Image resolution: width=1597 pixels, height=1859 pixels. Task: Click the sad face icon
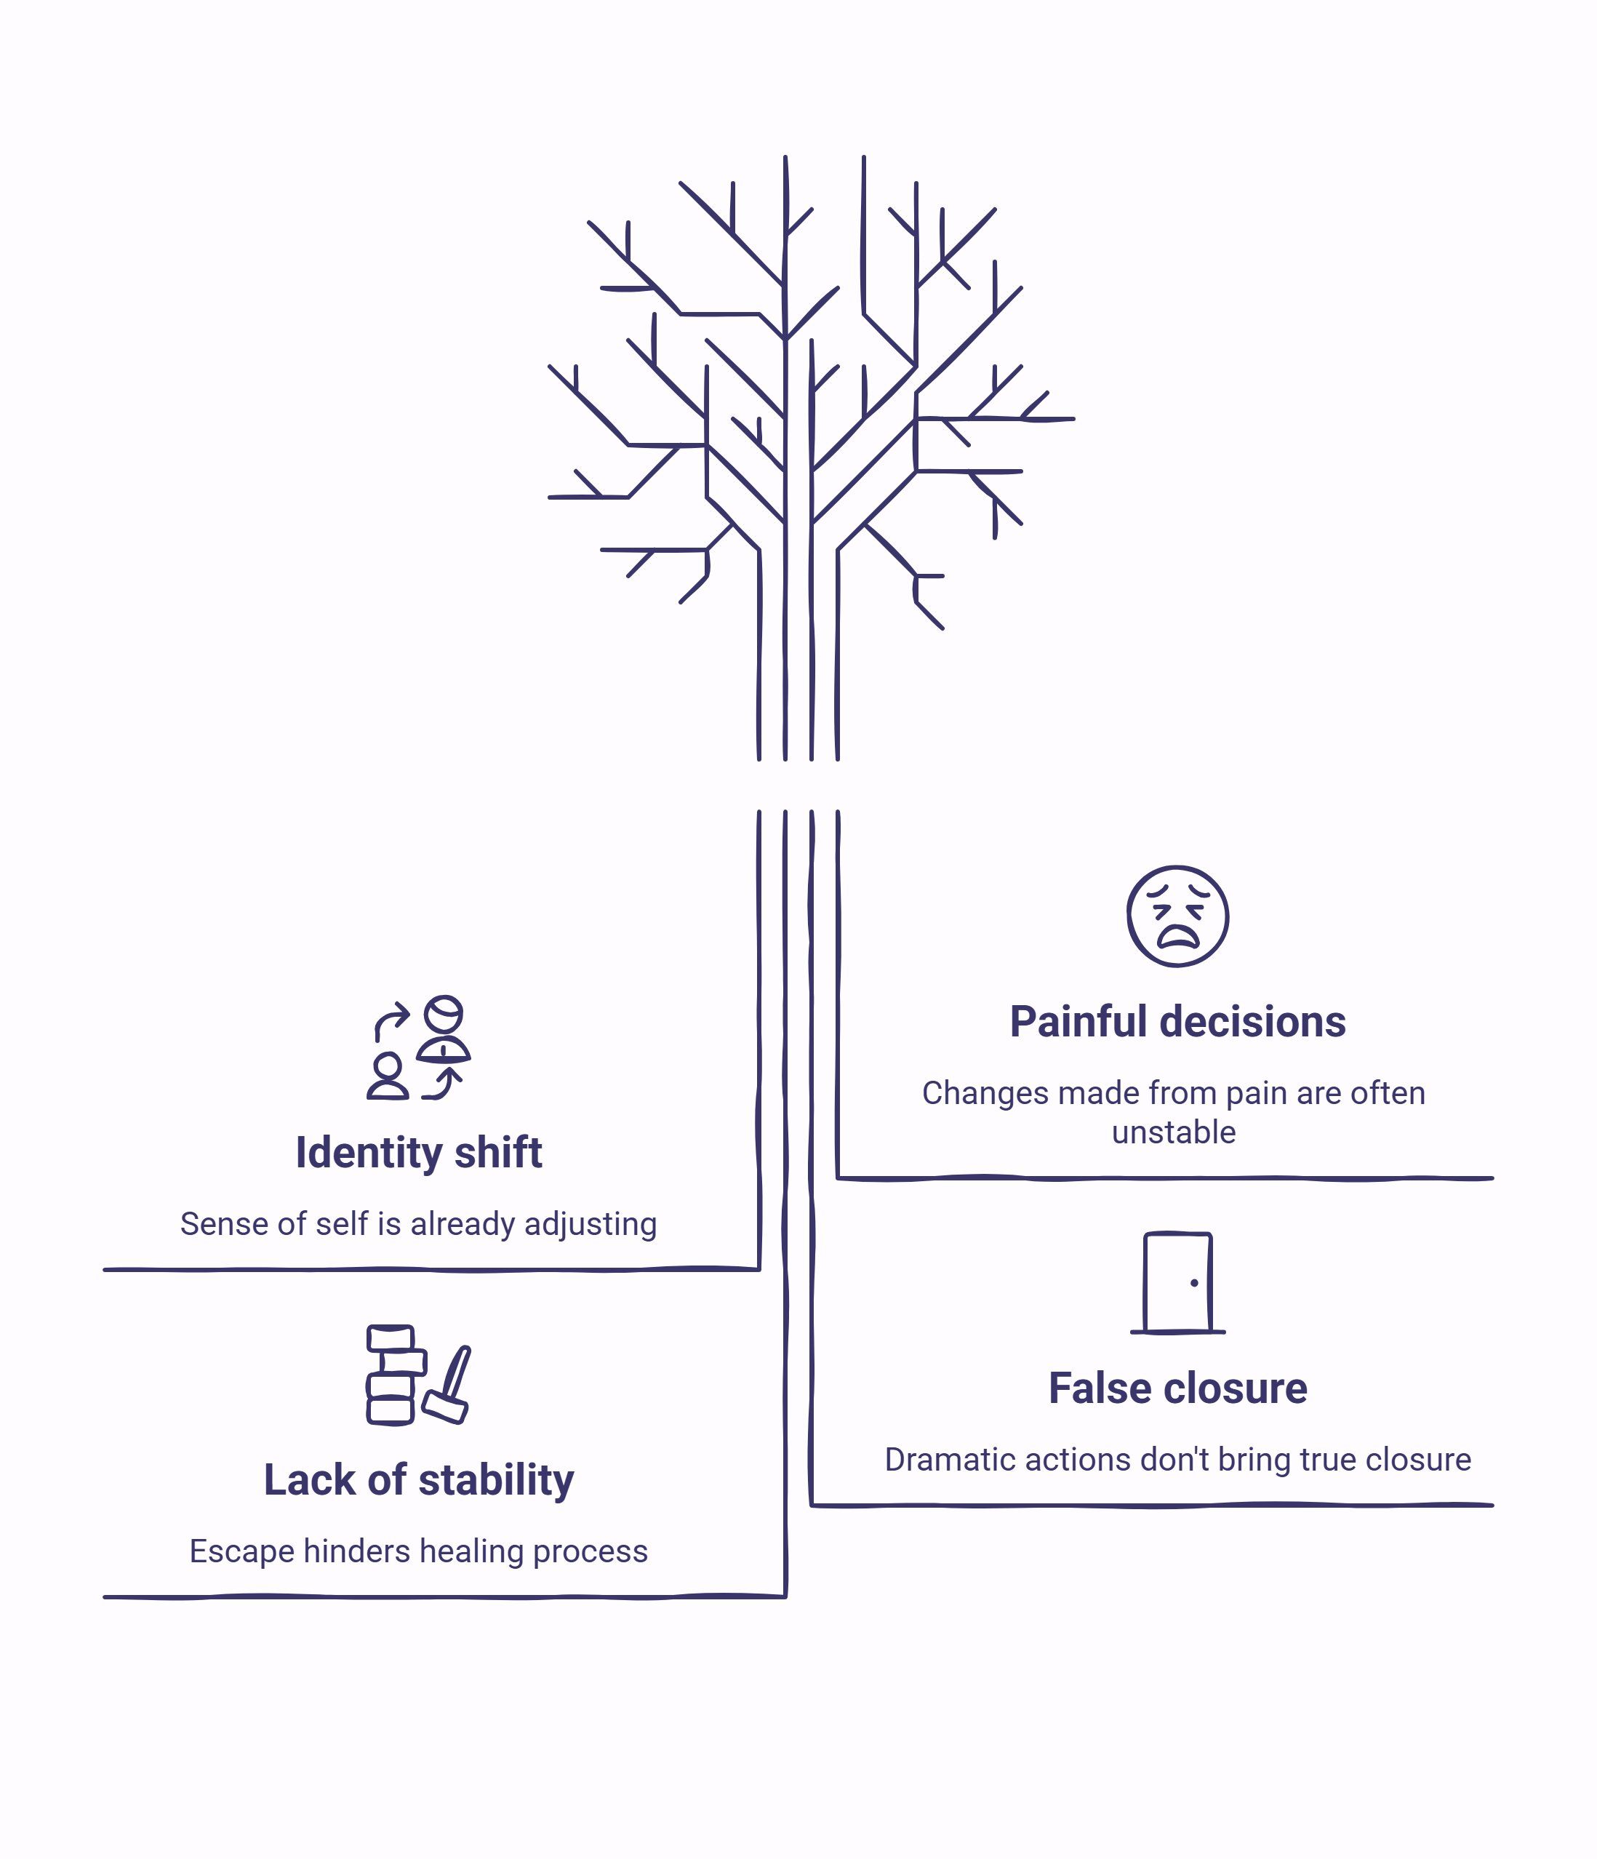(1177, 916)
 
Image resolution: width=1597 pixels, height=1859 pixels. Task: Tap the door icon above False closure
(1177, 1282)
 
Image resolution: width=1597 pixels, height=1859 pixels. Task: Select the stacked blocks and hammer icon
(418, 1375)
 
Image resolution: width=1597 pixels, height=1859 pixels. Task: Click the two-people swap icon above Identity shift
(418, 1047)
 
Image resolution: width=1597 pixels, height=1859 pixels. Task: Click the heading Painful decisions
(1177, 1021)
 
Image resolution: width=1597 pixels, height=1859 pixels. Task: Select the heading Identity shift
(419, 1152)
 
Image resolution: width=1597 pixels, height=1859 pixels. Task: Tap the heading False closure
(1178, 1388)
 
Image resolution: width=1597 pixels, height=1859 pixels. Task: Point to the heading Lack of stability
(419, 1480)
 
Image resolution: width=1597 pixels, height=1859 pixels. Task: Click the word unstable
(1174, 1132)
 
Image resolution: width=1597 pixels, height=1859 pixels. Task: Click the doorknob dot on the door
(1194, 1283)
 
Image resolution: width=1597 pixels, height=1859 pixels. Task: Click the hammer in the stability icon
(447, 1384)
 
